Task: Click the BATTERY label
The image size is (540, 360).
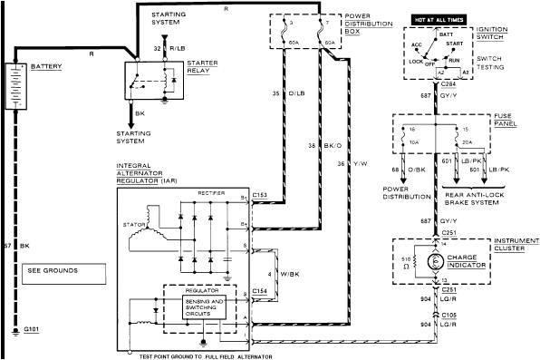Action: (x=48, y=67)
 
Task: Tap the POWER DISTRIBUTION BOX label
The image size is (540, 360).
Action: (x=369, y=24)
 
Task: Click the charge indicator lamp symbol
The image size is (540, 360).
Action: (x=433, y=261)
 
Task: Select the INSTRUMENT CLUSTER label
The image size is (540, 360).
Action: (x=512, y=247)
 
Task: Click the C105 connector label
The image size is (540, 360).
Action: (x=448, y=314)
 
